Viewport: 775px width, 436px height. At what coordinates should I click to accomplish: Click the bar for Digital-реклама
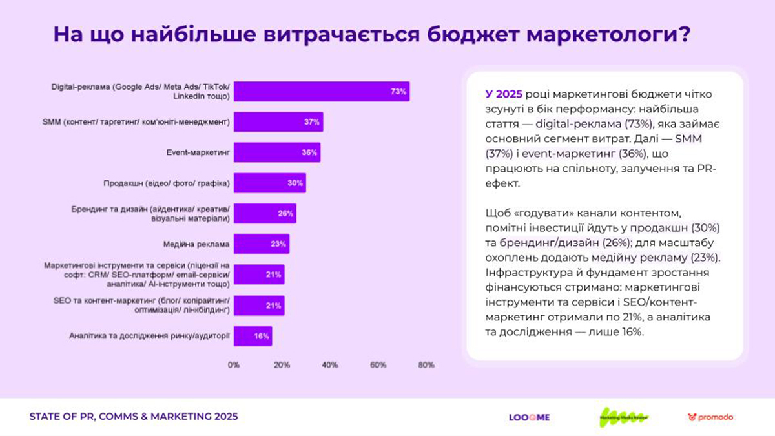click(322, 92)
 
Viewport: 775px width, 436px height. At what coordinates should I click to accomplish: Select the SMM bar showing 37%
click(278, 122)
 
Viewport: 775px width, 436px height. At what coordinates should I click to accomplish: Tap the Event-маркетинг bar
click(276, 153)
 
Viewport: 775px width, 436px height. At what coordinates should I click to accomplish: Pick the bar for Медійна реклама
click(261, 244)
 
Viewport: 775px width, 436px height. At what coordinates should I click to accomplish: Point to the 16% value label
click(261, 336)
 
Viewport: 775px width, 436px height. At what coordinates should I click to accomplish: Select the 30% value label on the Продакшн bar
click(295, 183)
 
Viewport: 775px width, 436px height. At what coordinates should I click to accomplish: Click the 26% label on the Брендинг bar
click(285, 214)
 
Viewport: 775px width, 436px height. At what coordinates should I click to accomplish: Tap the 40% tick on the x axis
click(330, 365)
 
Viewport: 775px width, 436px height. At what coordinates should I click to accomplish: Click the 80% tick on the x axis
click(426, 365)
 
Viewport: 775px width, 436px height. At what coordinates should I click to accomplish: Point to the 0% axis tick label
click(234, 365)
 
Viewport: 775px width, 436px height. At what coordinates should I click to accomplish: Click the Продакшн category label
click(167, 183)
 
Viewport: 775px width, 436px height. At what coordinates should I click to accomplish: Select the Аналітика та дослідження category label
click(149, 336)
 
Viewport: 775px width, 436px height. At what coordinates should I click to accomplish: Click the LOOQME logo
click(529, 417)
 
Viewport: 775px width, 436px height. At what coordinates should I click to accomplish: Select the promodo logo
click(710, 417)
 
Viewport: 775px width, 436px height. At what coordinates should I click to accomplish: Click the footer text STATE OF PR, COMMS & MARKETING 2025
click(134, 417)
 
